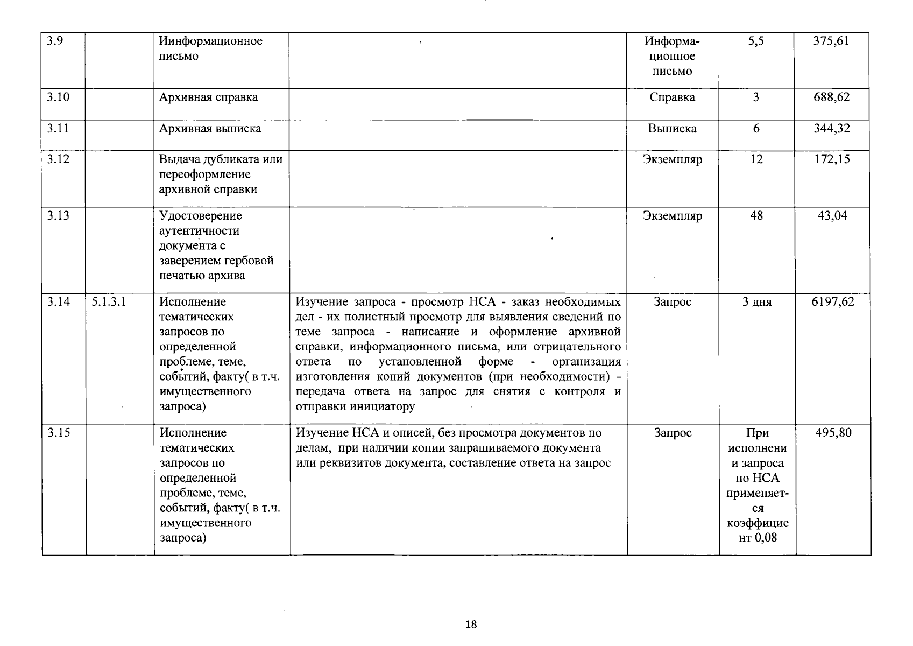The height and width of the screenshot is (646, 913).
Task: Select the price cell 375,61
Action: pos(831,41)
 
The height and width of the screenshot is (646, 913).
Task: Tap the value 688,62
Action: pos(831,97)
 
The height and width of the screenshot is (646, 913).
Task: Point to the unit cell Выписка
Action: pos(672,129)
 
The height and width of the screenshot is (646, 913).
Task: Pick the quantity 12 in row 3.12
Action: pos(756,159)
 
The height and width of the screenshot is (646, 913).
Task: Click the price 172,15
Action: pos(832,159)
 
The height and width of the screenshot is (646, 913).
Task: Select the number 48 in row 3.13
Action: pos(756,216)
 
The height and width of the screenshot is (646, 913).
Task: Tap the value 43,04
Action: pos(832,216)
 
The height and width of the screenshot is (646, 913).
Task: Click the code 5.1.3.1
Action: pos(109,302)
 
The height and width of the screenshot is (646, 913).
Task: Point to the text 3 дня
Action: pos(756,303)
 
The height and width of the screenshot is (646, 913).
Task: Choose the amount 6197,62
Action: pos(832,302)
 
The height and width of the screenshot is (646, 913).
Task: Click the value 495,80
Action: pos(833,433)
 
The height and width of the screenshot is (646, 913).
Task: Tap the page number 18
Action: pos(470,624)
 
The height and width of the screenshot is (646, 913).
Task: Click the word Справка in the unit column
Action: pos(672,97)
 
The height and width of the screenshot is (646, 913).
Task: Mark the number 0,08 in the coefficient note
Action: pos(766,538)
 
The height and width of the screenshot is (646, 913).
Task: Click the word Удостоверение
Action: pos(201,216)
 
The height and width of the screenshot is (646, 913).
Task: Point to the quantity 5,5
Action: pos(756,41)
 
